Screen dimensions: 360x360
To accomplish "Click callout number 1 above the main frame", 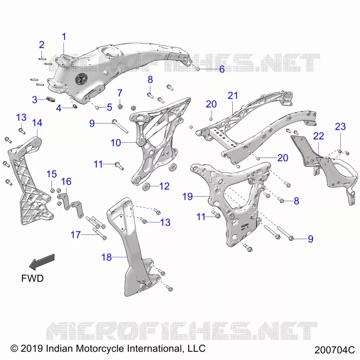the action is (64, 37).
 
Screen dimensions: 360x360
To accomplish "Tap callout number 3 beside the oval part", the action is (35, 99).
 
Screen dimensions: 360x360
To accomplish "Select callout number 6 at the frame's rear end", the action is (222, 69).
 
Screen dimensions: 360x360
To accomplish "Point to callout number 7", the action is (120, 93).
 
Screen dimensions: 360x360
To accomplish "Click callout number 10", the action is (116, 143).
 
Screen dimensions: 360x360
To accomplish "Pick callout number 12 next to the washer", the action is (164, 186).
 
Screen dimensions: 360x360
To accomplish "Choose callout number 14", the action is (37, 123).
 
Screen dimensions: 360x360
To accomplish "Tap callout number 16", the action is (66, 181).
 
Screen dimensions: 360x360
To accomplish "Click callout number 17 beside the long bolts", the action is (76, 234).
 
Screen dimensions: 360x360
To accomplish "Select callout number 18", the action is (107, 257).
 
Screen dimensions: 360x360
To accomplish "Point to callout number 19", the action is (187, 197).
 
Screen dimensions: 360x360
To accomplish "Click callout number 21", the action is (233, 95).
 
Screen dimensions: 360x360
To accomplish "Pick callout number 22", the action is (319, 136).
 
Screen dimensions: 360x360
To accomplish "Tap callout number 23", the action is (340, 126).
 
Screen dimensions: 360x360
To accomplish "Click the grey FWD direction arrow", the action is (42, 262).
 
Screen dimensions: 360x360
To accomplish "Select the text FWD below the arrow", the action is (32, 278).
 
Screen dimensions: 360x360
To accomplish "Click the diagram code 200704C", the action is (334, 350).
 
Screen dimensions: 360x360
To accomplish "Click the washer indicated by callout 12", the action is (146, 187).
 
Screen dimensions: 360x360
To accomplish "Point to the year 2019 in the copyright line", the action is (31, 348).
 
